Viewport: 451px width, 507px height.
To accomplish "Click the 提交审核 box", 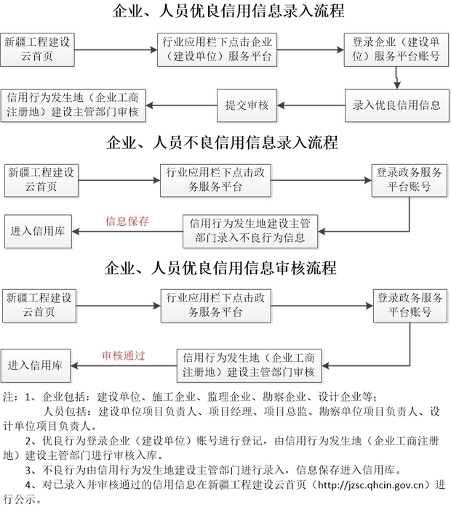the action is (x=247, y=106).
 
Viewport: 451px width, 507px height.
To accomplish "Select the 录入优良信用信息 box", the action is (x=397, y=106).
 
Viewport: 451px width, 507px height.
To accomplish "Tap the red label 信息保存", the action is (x=127, y=222).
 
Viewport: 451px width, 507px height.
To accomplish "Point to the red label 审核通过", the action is (x=124, y=356).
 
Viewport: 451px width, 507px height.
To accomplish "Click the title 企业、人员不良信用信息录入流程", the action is (x=223, y=142).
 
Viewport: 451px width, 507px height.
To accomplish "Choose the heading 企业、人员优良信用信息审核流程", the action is (x=221, y=268).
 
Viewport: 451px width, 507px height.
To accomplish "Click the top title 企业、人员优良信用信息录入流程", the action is (x=228, y=11).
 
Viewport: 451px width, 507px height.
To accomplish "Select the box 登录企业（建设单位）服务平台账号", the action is (x=396, y=50).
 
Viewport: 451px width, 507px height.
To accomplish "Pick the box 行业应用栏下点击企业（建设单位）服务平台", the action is (x=217, y=50).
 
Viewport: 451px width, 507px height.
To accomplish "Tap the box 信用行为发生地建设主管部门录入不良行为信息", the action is (x=250, y=231).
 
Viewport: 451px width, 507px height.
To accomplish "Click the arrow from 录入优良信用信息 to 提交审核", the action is (x=311, y=105).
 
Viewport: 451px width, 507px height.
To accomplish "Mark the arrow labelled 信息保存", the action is (x=127, y=232).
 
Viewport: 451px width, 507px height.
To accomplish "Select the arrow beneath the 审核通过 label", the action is (x=124, y=366).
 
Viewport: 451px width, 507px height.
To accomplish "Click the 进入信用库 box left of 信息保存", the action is (x=38, y=231).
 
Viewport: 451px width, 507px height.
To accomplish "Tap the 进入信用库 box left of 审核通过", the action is (x=36, y=365).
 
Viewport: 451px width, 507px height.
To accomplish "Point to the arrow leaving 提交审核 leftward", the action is (x=181, y=105).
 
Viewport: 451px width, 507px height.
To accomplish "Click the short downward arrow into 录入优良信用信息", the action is (x=397, y=78).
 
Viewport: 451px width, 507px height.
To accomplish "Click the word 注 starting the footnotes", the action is (x=8, y=397).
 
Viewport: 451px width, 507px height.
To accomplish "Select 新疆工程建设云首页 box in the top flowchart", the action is (x=37, y=50).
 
